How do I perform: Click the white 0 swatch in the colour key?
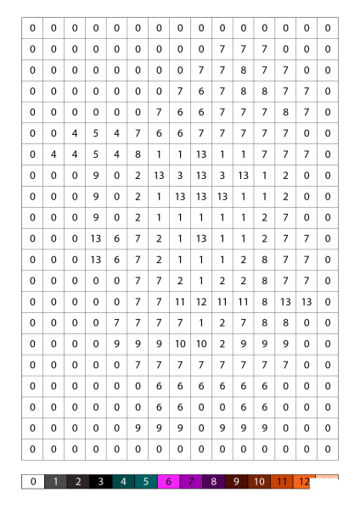[x=32, y=482]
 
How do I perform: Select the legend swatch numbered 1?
[x=55, y=482]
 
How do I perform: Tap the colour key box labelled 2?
[x=78, y=482]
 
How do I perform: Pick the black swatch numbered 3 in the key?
[x=101, y=482]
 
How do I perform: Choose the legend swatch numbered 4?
[x=124, y=482]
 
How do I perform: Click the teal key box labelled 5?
[x=147, y=482]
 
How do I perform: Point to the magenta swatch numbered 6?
[x=170, y=482]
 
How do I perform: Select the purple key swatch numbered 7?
[x=192, y=482]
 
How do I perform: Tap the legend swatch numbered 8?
[x=215, y=482]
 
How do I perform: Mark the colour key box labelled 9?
[x=237, y=482]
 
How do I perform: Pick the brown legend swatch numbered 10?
[x=260, y=482]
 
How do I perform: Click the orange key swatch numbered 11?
[x=282, y=482]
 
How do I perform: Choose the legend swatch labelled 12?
[x=304, y=482]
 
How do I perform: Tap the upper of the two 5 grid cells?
[x=95, y=133]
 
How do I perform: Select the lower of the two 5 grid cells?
[x=95, y=154]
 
